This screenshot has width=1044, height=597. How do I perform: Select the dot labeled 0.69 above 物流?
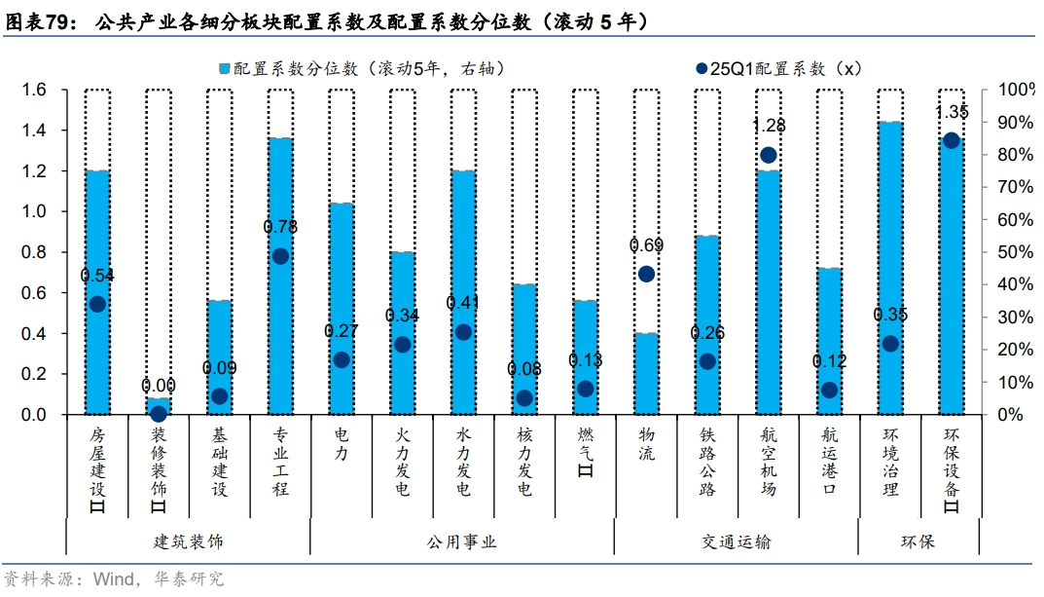[646, 274]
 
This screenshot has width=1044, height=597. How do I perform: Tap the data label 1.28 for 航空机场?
[769, 126]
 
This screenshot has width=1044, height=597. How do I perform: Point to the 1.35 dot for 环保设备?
[952, 140]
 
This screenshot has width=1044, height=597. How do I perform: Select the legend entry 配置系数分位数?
[360, 68]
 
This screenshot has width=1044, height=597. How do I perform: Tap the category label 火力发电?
[403, 461]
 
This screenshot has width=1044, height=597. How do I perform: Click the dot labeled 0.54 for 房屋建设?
[97, 304]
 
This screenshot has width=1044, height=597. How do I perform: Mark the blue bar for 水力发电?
[463, 292]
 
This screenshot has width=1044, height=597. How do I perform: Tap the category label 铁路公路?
[707, 461]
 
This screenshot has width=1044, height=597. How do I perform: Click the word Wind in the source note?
[114, 579]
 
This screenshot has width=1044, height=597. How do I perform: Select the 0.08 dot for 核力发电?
[524, 397]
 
